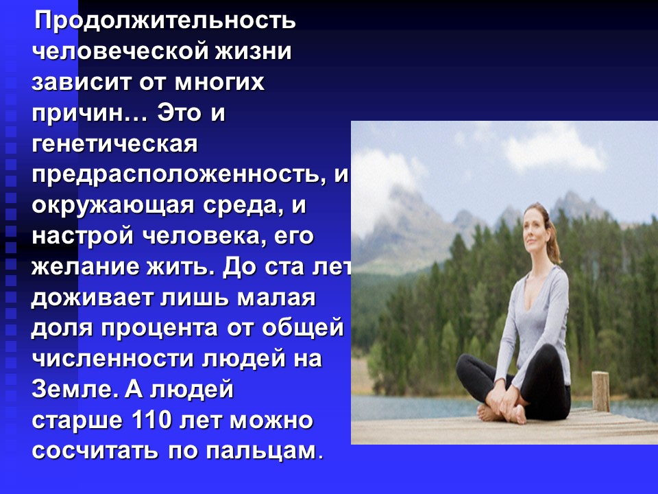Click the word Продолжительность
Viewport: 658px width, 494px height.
[165, 21]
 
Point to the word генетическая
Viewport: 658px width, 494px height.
[114, 144]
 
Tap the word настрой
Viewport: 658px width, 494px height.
[83, 235]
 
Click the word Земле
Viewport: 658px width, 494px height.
[75, 389]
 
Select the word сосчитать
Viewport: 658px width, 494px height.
[95, 451]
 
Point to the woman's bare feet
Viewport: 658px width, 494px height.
[502, 413]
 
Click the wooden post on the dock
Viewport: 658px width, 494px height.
[600, 392]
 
